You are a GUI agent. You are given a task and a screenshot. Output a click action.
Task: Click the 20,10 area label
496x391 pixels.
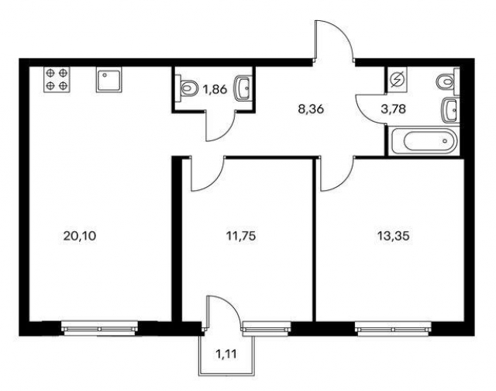point(79,236)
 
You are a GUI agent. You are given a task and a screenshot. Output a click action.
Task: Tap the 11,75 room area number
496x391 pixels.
point(241,236)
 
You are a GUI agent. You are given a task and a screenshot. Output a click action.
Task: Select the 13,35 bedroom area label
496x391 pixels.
point(394,236)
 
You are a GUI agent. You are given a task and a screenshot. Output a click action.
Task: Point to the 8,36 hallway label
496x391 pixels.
point(312,109)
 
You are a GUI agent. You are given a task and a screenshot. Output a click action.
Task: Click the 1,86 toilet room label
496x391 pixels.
point(215,90)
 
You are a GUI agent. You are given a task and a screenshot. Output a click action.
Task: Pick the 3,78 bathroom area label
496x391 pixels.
point(394,109)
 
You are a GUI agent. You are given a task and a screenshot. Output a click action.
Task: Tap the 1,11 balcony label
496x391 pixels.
point(226,353)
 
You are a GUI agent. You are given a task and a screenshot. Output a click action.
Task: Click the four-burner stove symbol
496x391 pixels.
point(57,79)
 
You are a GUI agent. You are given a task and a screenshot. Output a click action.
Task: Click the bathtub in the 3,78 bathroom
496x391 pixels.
point(422,141)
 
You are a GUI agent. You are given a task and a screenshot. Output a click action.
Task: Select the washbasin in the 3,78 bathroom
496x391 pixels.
point(450,110)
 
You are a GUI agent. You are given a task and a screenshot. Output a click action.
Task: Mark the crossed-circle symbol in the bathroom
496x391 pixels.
point(398,79)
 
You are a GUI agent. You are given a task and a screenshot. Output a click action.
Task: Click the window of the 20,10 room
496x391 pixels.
point(99,328)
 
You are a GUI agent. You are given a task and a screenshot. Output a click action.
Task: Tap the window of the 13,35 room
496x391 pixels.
point(393,328)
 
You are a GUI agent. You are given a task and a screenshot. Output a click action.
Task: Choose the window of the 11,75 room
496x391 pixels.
point(266,328)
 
